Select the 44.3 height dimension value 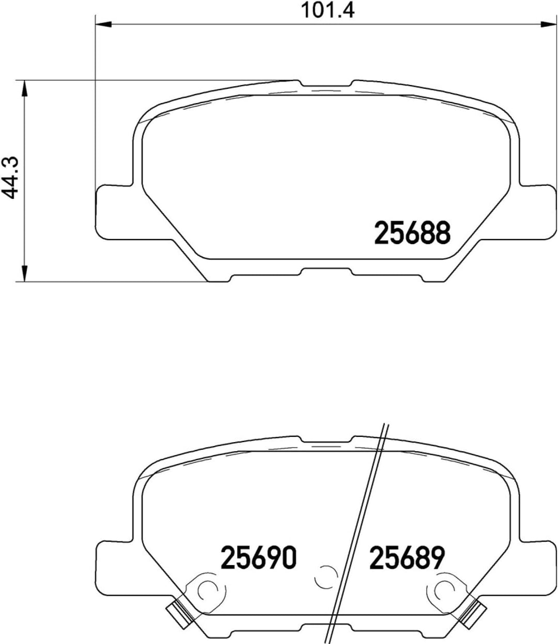[11, 179]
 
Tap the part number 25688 [412, 233]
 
